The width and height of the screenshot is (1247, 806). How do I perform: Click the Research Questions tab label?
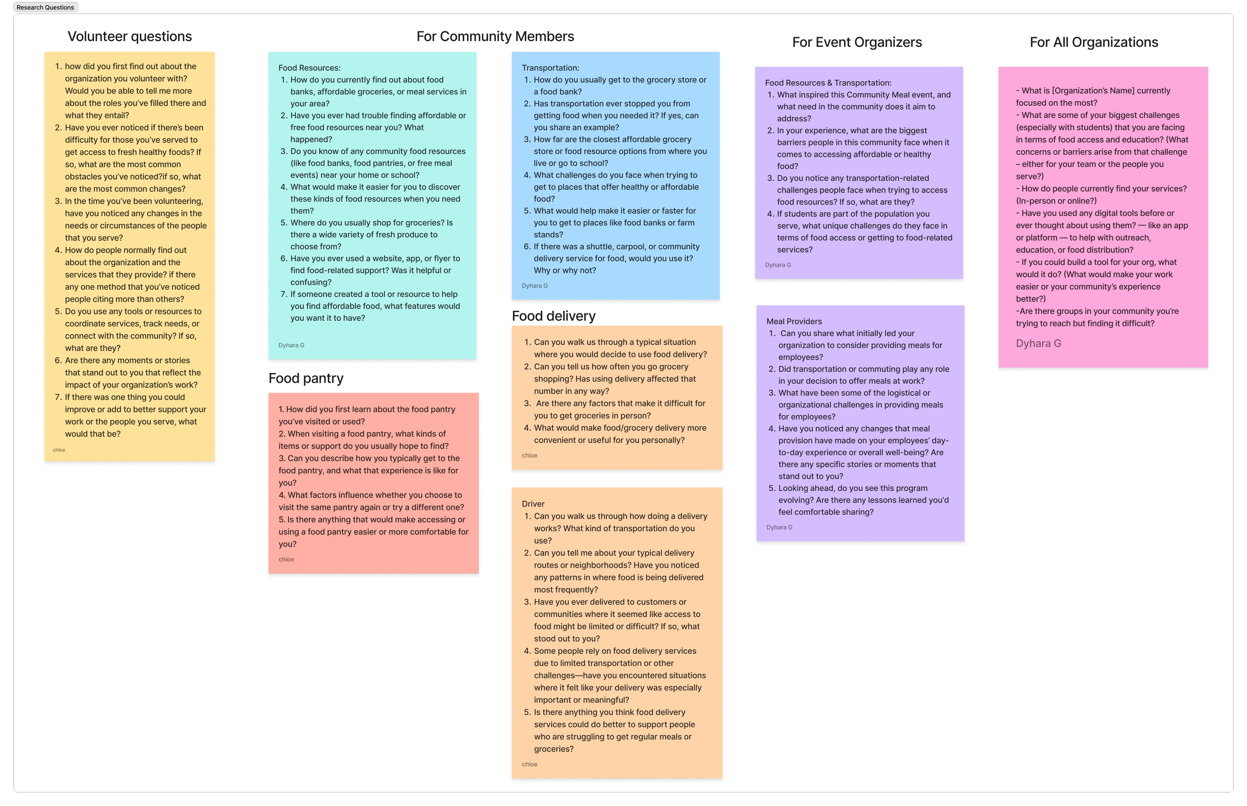[x=45, y=7]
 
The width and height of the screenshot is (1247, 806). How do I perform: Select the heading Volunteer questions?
[x=129, y=36]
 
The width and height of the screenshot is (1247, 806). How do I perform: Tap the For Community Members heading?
[x=495, y=36]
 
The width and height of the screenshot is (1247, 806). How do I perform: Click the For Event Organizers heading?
[x=856, y=42]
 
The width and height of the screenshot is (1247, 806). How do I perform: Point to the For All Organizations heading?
[x=1094, y=42]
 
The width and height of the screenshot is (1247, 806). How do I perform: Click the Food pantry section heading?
[x=306, y=378]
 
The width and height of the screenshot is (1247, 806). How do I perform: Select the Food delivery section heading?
[x=553, y=316]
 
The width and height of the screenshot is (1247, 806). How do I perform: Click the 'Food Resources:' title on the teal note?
[x=309, y=67]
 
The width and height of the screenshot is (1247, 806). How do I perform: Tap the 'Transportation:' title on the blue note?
[x=550, y=67]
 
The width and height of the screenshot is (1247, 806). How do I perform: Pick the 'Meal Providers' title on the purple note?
[x=794, y=321]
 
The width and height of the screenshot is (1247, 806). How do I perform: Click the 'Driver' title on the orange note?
[x=533, y=503]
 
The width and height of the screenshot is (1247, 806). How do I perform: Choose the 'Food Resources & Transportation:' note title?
[x=828, y=83]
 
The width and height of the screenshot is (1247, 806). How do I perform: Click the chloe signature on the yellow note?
[x=58, y=450]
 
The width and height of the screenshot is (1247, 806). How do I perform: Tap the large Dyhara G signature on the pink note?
[x=1038, y=343]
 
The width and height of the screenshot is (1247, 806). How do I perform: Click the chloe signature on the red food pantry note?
[x=286, y=560]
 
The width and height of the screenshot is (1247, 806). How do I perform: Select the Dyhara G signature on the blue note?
[x=534, y=286]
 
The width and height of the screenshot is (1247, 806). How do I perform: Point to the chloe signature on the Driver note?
[x=529, y=764]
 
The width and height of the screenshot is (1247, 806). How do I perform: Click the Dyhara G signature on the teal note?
[x=291, y=346]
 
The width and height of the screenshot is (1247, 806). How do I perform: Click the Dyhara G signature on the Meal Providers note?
[x=779, y=528]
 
